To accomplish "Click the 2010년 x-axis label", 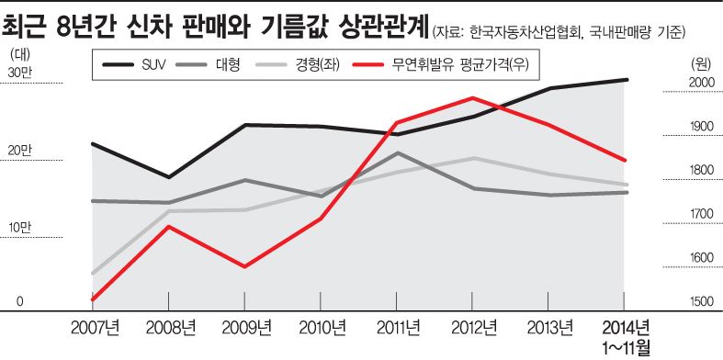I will click(x=321, y=328).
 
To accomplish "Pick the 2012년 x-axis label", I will click(x=471, y=328).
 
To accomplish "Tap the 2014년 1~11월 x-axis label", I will click(x=625, y=337).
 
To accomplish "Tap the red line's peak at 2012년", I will click(x=472, y=97).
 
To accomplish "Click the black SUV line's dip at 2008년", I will click(x=169, y=176).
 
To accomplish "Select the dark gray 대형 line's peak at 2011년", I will click(x=397, y=152).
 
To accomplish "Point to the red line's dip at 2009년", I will click(x=244, y=266).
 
